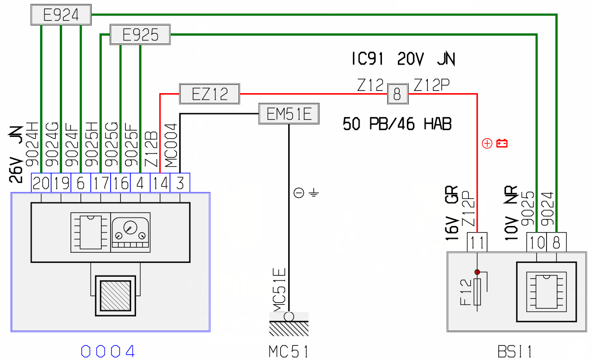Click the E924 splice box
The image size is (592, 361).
pyautogui.click(x=61, y=16)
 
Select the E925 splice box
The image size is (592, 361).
pyautogui.click(x=140, y=35)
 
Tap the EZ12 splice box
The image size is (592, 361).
pyautogui.click(x=209, y=94)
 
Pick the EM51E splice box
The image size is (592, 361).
pyautogui.click(x=289, y=115)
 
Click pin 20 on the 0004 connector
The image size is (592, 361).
pyautogui.click(x=41, y=183)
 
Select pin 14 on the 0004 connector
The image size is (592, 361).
pyautogui.click(x=160, y=183)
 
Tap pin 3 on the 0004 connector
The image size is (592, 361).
pyautogui.click(x=180, y=183)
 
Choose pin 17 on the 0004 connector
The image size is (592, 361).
pyautogui.click(x=100, y=183)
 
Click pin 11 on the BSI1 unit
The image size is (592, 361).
pyautogui.click(x=477, y=243)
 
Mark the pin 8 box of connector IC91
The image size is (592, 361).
pyautogui.click(x=398, y=94)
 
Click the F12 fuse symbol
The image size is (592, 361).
pyautogui.click(x=478, y=292)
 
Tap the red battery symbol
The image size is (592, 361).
pyautogui.click(x=502, y=144)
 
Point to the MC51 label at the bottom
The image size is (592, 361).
pyautogui.click(x=288, y=352)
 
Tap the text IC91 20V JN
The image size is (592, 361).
pyautogui.click(x=402, y=59)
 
